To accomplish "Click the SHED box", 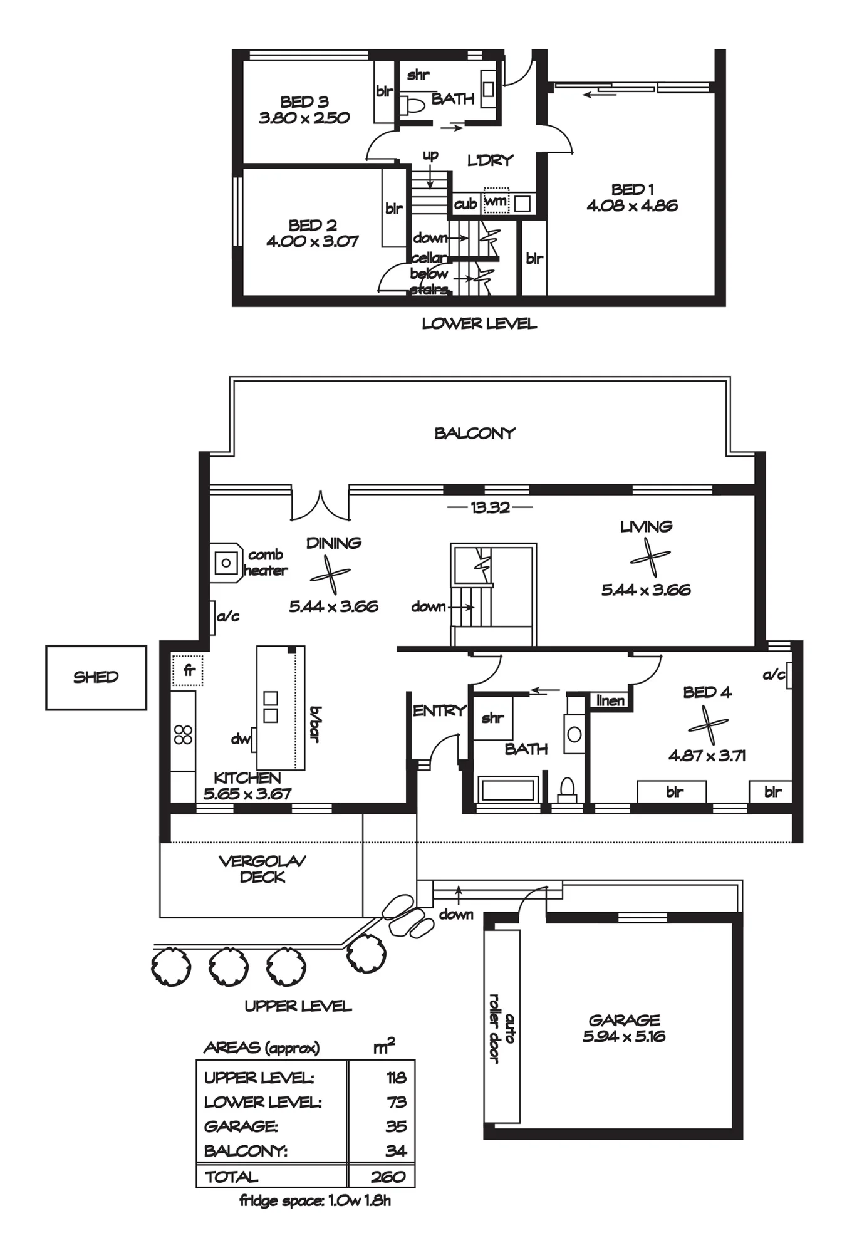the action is (x=96, y=677).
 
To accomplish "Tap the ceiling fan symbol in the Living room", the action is (x=650, y=558).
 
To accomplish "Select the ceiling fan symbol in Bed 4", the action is (x=708, y=725).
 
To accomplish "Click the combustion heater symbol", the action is (x=226, y=563).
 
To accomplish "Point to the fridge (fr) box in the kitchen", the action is (x=187, y=670).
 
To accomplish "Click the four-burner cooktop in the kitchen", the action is (x=183, y=734).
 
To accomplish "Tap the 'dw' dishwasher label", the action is (x=240, y=739).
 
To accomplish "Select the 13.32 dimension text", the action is (x=490, y=507).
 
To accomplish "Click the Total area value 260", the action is (x=388, y=1177).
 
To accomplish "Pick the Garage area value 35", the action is (x=396, y=1126).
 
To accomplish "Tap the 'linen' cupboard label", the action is (x=610, y=700).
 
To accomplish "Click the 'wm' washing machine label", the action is (x=496, y=202).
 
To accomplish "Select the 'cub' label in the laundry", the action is (x=465, y=204).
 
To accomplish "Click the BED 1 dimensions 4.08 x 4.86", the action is (x=632, y=206).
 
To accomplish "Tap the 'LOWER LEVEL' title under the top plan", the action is (x=479, y=324).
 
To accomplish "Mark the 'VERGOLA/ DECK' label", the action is (x=262, y=869).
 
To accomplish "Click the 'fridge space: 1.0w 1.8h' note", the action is (x=315, y=1200).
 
